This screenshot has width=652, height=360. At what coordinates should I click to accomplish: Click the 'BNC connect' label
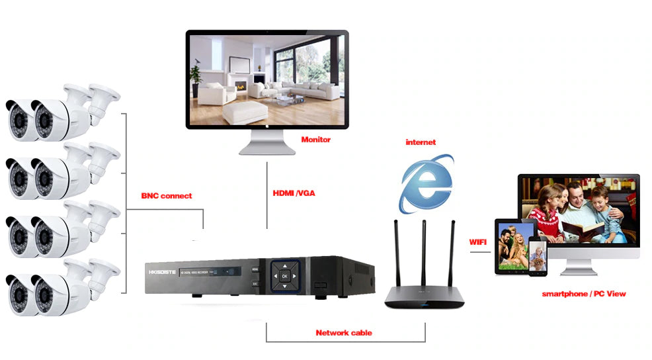[x=167, y=196]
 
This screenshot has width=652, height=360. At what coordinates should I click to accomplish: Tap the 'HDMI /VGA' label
[x=294, y=193]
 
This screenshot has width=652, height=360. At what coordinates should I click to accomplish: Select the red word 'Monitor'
[x=315, y=140]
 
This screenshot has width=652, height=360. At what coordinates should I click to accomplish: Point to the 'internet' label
[x=421, y=142]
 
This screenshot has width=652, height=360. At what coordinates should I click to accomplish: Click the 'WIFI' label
[x=477, y=242]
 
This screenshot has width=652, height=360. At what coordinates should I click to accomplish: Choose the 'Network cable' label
[x=344, y=333]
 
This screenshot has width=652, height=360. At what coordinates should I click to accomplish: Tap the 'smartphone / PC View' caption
[x=583, y=293]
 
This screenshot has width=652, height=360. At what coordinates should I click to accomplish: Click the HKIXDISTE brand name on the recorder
[x=162, y=270]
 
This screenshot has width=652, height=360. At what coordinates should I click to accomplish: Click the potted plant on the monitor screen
[x=196, y=73]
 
